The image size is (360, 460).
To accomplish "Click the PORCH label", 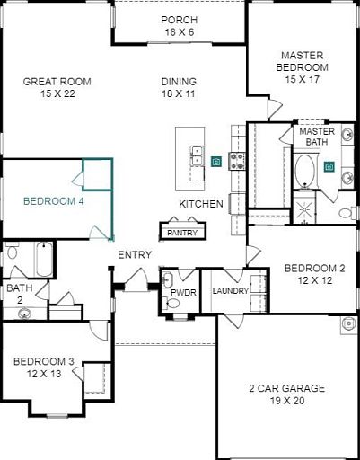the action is [180, 20].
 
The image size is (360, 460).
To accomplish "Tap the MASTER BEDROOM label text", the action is [303, 61].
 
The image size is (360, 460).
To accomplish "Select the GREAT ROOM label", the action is [57, 82].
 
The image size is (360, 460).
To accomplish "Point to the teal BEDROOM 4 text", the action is [54, 201].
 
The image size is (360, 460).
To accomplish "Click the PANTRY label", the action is [182, 233].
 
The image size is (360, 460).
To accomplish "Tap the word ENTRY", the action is [135, 255].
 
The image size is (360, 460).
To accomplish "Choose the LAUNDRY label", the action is [231, 291].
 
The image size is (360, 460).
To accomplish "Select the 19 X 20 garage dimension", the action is [287, 401].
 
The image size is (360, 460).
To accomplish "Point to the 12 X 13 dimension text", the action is [44, 374].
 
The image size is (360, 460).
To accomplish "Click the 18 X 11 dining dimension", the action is [179, 93].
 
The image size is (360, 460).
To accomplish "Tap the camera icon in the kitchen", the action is [215, 162].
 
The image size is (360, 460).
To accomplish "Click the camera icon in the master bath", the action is [329, 167].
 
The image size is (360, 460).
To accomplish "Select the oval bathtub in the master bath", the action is [304, 170].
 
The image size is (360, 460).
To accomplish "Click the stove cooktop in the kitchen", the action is [237, 161].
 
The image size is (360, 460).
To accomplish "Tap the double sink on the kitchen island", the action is [197, 155].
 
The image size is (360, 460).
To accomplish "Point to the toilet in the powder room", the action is [171, 303].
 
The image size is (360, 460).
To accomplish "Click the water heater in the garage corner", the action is [348, 324].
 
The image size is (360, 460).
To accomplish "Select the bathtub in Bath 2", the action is [45, 260].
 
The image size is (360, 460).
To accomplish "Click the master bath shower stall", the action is [303, 208].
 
